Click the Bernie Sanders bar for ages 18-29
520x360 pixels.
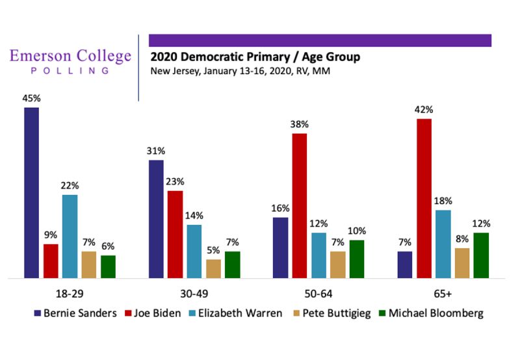tap(32, 193)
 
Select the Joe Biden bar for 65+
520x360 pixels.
tap(424, 198)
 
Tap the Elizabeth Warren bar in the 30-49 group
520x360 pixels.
tap(194, 251)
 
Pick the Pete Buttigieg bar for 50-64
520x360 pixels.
tap(338, 264)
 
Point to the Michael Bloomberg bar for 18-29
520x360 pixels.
tap(108, 266)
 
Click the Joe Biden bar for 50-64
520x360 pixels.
tap(300, 205)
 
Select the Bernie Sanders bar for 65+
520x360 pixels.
tap(405, 264)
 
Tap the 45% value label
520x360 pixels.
tap(32, 98)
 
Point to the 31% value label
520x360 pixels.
tap(157, 151)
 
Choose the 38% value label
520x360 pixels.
tap(300, 124)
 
